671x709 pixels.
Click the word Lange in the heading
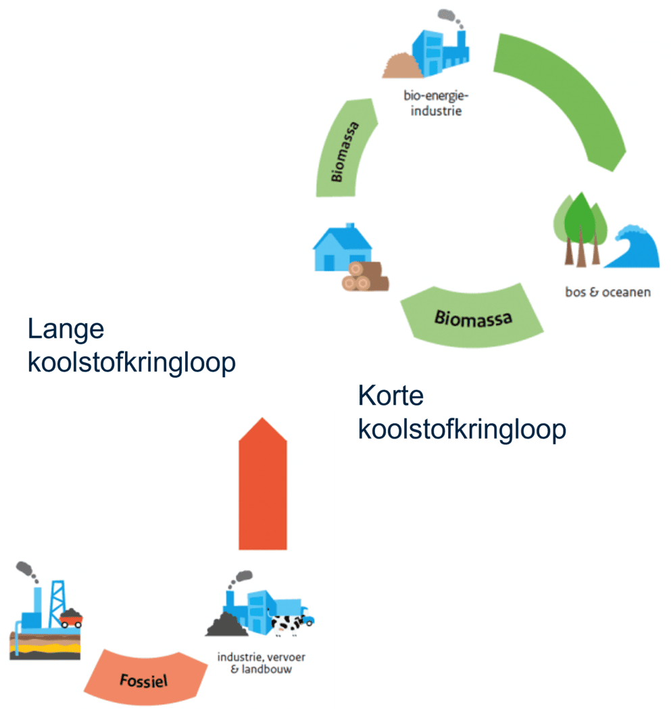coord(66,329)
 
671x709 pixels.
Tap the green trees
coord(580,226)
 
